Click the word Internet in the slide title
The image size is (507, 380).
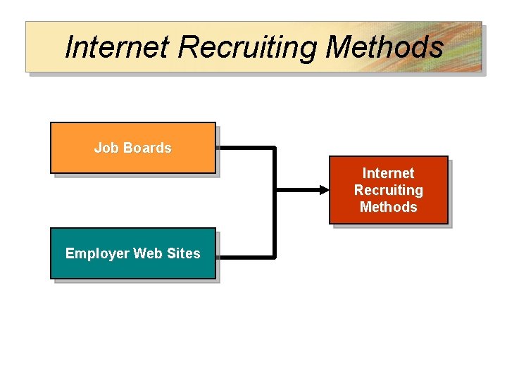pos(117,47)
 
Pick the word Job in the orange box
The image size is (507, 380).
pos(106,148)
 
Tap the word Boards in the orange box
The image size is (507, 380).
pos(147,148)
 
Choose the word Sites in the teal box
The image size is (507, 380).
pos(183,253)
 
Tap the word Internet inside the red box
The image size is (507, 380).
pos(388,173)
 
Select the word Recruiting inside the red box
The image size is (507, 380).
pos(388,190)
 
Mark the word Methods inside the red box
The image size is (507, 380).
pos(388,207)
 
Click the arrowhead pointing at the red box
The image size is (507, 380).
pos(323,190)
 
